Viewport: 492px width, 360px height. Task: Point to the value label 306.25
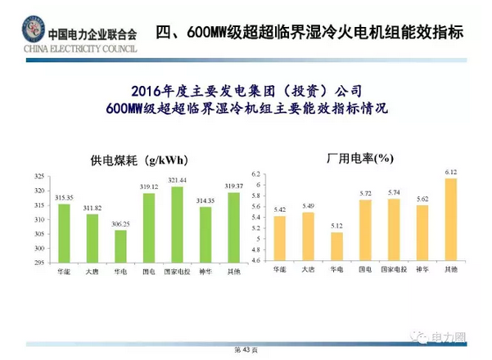(x=120, y=223)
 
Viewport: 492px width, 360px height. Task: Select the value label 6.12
(x=450, y=172)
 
